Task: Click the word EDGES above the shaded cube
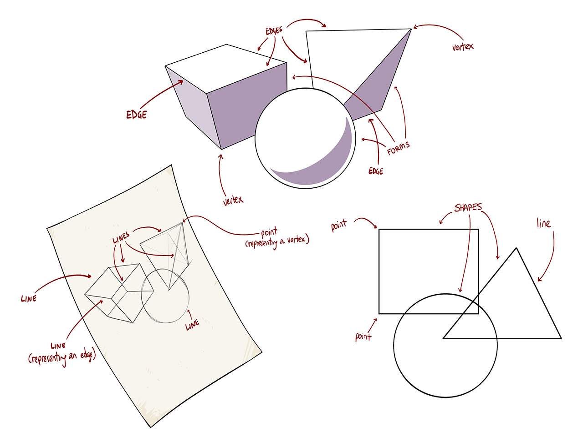click(274, 30)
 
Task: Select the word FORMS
click(398, 148)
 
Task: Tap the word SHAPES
click(468, 207)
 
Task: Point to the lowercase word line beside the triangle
click(543, 223)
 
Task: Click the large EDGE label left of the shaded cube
click(137, 115)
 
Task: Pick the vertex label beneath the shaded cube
click(233, 200)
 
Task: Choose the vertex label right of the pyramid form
click(463, 46)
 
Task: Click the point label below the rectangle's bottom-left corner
click(363, 337)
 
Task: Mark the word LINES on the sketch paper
click(121, 237)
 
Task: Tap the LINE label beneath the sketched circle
click(192, 324)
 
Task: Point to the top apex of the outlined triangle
click(516, 248)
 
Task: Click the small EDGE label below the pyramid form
click(376, 171)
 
